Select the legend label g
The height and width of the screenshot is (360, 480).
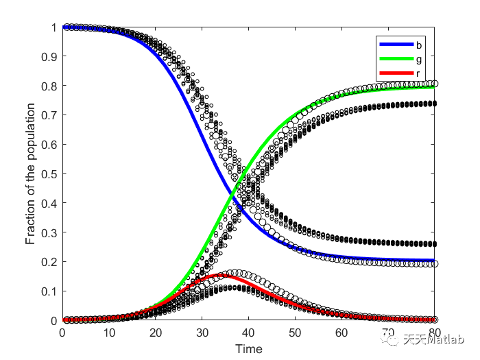[418, 59]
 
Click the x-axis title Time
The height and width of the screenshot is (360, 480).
[248, 349]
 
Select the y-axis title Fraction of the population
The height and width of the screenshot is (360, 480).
[31, 174]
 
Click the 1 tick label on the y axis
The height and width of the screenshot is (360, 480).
[53, 27]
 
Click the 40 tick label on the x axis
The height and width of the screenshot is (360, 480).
[248, 333]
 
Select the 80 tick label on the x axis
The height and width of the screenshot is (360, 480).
[435, 333]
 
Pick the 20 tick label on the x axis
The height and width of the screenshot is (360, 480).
[156, 333]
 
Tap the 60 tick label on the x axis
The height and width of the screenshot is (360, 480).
[341, 333]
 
